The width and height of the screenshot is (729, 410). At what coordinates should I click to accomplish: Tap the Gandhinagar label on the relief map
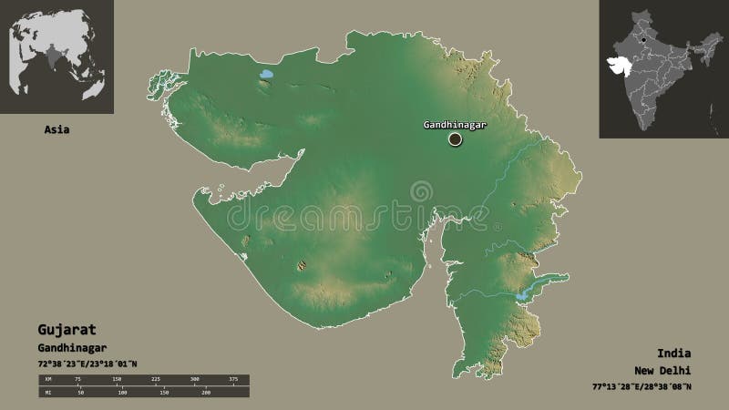(452, 124)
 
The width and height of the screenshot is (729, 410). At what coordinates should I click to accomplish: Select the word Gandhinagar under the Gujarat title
(73, 347)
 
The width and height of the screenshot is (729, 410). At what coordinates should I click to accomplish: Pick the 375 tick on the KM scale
(233, 378)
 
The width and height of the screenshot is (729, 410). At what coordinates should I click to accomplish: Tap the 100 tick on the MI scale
(123, 393)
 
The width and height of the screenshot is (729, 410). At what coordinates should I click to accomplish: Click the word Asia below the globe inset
(56, 129)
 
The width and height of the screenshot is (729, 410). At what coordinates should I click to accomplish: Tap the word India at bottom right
(673, 352)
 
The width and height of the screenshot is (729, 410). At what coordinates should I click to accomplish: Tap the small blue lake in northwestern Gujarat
(266, 76)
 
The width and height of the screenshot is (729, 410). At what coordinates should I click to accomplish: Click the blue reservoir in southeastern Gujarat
(521, 295)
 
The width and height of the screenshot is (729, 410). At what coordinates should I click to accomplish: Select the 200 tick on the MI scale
(206, 393)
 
